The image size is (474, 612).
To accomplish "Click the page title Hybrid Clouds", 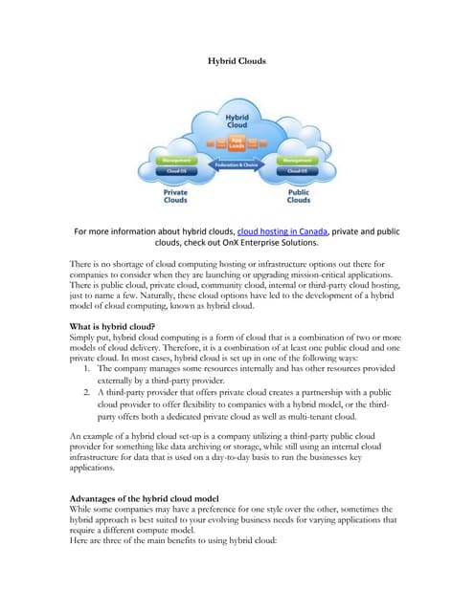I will pyautogui.click(x=237, y=60).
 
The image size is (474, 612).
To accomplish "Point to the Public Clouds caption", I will pyautogui.click(x=299, y=196).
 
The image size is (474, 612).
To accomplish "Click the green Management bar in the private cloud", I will pyautogui.click(x=174, y=160).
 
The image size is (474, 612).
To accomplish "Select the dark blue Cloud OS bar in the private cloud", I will pyautogui.click(x=174, y=171).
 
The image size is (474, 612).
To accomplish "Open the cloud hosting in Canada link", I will pyautogui.click(x=283, y=230).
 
